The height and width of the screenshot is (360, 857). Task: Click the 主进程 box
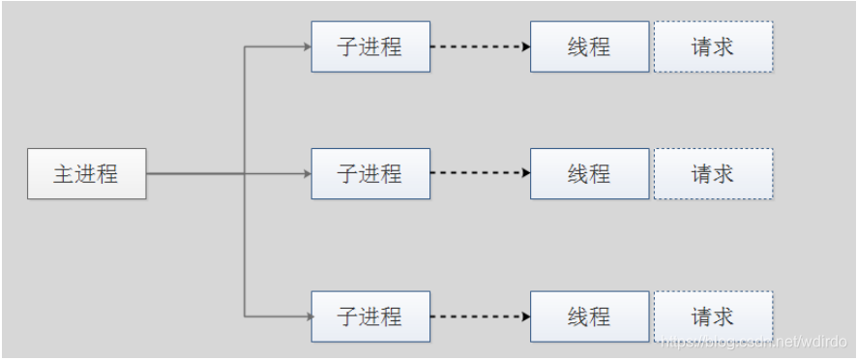pyautogui.click(x=87, y=173)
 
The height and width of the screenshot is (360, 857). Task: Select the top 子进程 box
pyautogui.click(x=370, y=46)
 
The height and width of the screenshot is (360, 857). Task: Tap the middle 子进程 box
pyautogui.click(x=370, y=173)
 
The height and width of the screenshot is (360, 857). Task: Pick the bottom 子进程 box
pyautogui.click(x=370, y=316)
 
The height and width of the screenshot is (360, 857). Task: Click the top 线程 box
pyautogui.click(x=590, y=46)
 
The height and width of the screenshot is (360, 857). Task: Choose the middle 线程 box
pyautogui.click(x=590, y=173)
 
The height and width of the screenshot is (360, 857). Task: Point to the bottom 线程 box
pyautogui.click(x=590, y=316)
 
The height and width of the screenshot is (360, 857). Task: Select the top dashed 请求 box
pyautogui.click(x=713, y=46)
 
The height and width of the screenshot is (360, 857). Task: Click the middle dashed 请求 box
pyautogui.click(x=713, y=173)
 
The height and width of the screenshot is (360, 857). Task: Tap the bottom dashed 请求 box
pyautogui.click(x=713, y=316)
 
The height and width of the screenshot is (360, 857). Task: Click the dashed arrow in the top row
pyautogui.click(x=481, y=46)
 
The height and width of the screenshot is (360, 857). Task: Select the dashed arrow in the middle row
pyautogui.click(x=481, y=173)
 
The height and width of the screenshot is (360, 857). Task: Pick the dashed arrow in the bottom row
pyautogui.click(x=481, y=316)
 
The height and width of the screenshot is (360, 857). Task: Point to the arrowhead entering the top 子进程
pyautogui.click(x=308, y=46)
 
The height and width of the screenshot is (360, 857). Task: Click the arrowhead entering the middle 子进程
pyautogui.click(x=308, y=174)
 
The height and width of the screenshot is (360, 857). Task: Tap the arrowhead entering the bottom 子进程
pyautogui.click(x=310, y=316)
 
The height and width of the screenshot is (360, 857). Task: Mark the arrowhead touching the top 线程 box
pyautogui.click(x=526, y=46)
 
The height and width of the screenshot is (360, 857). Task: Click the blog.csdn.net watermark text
pyautogui.click(x=754, y=343)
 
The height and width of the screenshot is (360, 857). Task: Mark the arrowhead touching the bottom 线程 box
pyautogui.click(x=526, y=316)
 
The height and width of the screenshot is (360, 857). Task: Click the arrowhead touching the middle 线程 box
pyautogui.click(x=526, y=173)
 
